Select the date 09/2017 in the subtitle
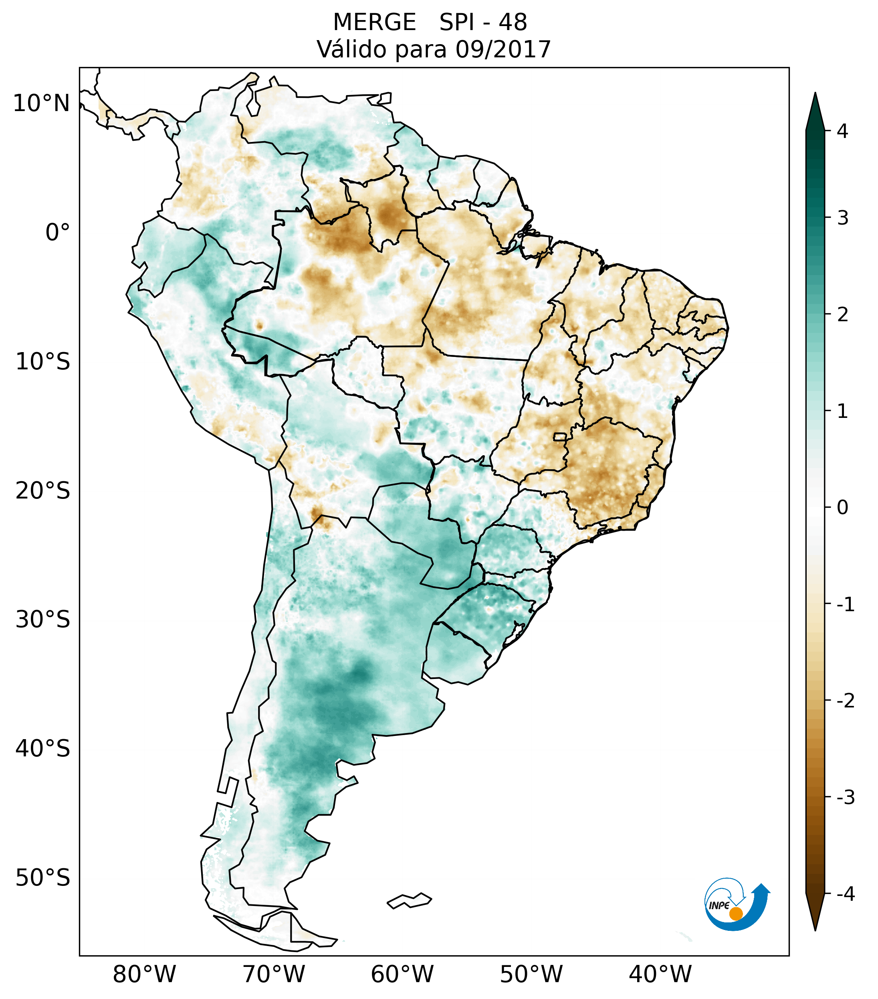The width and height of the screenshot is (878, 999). [x=503, y=50]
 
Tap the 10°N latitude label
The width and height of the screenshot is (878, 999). [x=42, y=103]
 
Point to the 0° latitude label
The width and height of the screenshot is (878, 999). [x=58, y=232]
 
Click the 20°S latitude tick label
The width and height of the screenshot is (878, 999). [x=43, y=491]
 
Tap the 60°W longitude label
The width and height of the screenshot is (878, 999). [x=402, y=974]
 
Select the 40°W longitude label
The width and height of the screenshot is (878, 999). [x=660, y=974]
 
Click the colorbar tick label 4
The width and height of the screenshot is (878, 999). [x=843, y=131]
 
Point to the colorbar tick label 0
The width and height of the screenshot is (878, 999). [x=843, y=507]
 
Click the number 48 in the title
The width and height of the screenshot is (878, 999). [x=513, y=22]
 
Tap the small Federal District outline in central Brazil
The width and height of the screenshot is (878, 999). [x=560, y=436]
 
